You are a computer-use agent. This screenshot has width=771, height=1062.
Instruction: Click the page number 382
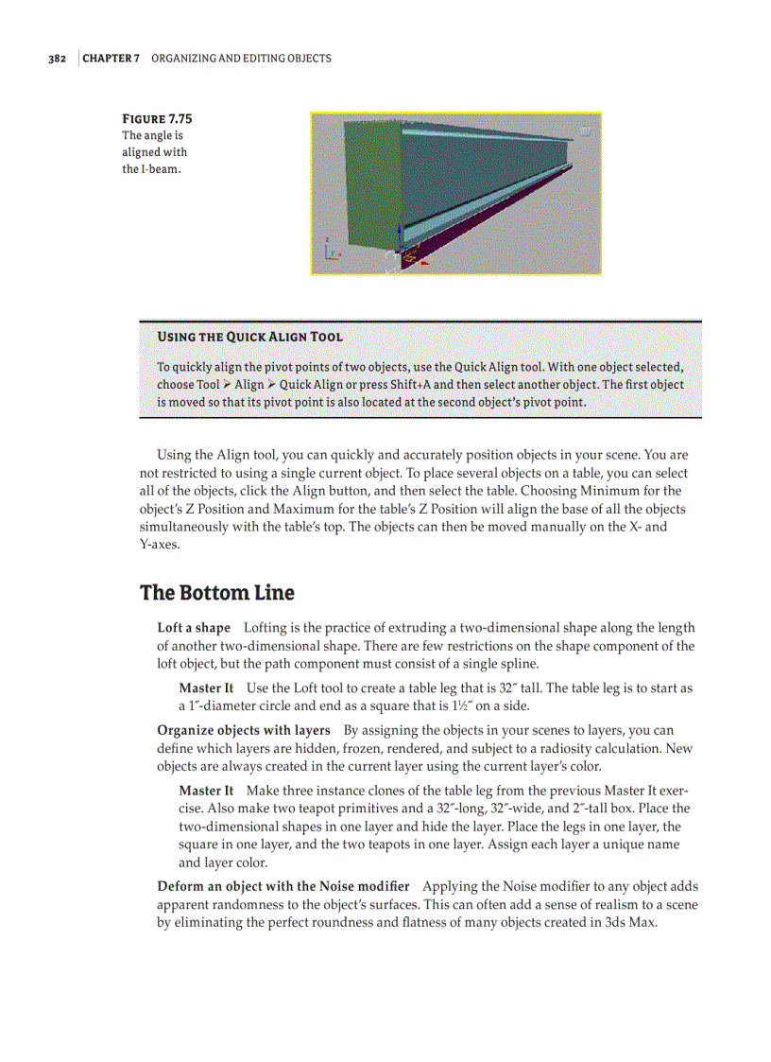tap(57, 59)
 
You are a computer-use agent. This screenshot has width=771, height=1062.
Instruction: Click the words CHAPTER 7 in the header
tap(111, 59)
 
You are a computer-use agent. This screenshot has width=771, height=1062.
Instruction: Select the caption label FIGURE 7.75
tap(158, 119)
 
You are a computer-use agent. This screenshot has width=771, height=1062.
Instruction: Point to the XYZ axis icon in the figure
tap(329, 249)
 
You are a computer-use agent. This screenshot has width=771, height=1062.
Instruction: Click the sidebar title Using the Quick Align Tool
tap(249, 337)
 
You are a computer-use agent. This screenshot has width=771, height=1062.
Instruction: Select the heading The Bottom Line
tap(217, 593)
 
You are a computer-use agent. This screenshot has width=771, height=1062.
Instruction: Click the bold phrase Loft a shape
tap(194, 628)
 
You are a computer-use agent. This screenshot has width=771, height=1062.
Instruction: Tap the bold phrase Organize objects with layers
tap(244, 730)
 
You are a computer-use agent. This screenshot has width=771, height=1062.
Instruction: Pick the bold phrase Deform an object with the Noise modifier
tap(283, 886)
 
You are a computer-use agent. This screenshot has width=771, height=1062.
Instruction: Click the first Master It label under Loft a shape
tap(206, 688)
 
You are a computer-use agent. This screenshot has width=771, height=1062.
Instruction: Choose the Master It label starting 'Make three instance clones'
tap(206, 791)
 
